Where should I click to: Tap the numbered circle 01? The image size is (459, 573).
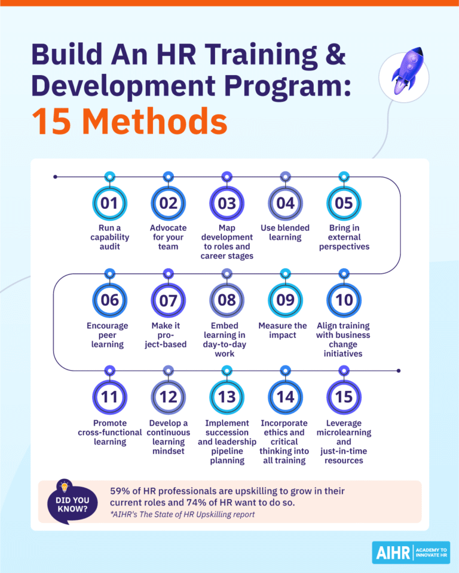(109, 203)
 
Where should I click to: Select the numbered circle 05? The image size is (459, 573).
(344, 203)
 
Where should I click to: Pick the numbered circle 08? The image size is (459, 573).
(227, 300)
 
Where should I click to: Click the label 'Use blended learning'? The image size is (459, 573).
(285, 232)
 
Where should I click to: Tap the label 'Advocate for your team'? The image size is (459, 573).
(168, 237)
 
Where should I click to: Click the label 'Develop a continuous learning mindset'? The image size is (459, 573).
(168, 437)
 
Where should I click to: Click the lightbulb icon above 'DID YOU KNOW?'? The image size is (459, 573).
(65, 486)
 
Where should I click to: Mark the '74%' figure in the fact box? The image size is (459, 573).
(239, 503)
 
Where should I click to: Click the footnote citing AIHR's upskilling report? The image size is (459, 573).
(182, 515)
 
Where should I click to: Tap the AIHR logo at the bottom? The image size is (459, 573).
(411, 553)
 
